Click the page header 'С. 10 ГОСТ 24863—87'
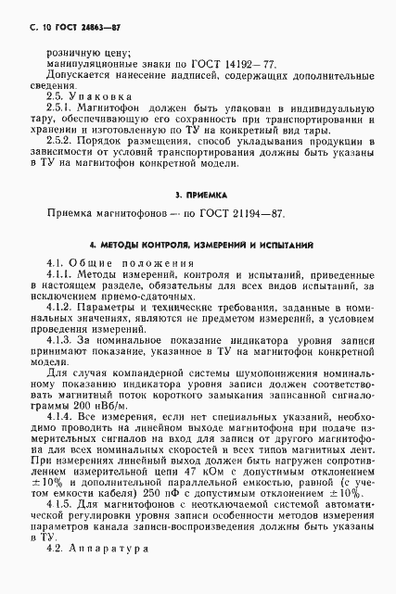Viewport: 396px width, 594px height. point(55,30)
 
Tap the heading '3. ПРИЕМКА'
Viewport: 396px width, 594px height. point(198,197)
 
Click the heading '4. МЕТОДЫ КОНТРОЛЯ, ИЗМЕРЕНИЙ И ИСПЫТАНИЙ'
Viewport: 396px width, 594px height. point(198,246)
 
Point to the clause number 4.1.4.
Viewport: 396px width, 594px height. point(59,422)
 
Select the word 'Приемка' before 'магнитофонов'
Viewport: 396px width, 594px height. point(71,215)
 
